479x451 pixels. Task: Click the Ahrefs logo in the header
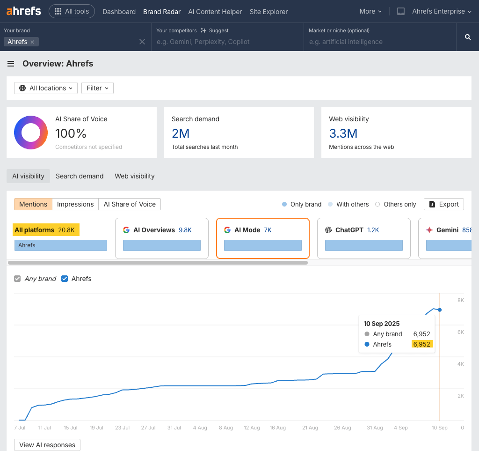tap(24, 11)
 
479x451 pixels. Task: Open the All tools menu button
tap(72, 11)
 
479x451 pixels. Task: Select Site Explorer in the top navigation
tap(269, 12)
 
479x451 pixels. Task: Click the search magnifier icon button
tap(467, 37)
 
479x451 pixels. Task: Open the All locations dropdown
tap(46, 88)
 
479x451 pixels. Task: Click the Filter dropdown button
tap(97, 88)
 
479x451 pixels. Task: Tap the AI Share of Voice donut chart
tap(31, 133)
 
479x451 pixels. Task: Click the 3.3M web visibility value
tap(343, 133)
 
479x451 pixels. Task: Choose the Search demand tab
tap(80, 176)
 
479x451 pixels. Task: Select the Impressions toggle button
tap(75, 204)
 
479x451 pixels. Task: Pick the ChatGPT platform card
tap(363, 238)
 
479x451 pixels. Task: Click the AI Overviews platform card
tap(161, 238)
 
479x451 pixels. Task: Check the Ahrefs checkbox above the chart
tap(65, 279)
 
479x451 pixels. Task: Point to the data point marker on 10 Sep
tap(440, 310)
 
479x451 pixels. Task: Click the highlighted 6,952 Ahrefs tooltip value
tap(421, 344)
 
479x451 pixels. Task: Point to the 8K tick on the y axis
tap(460, 300)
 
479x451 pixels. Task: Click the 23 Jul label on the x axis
tap(122, 428)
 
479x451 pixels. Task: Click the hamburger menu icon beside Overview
tap(11, 64)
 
